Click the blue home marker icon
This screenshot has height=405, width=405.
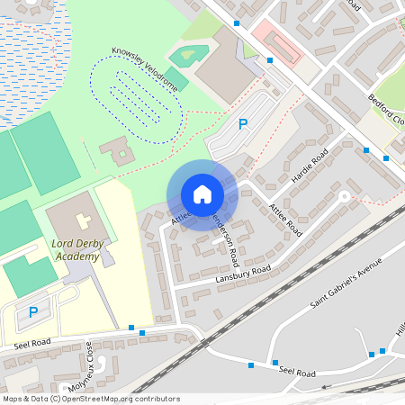(x=202, y=194)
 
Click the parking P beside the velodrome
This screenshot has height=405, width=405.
(x=241, y=124)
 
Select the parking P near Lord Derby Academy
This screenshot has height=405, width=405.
(x=33, y=312)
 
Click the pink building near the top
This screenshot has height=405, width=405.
(x=279, y=44)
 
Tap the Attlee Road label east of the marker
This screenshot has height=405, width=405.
(x=285, y=220)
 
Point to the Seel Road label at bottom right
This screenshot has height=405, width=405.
(x=297, y=371)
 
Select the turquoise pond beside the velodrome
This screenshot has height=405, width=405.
(x=188, y=55)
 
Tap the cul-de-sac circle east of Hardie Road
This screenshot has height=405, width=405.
(x=343, y=195)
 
